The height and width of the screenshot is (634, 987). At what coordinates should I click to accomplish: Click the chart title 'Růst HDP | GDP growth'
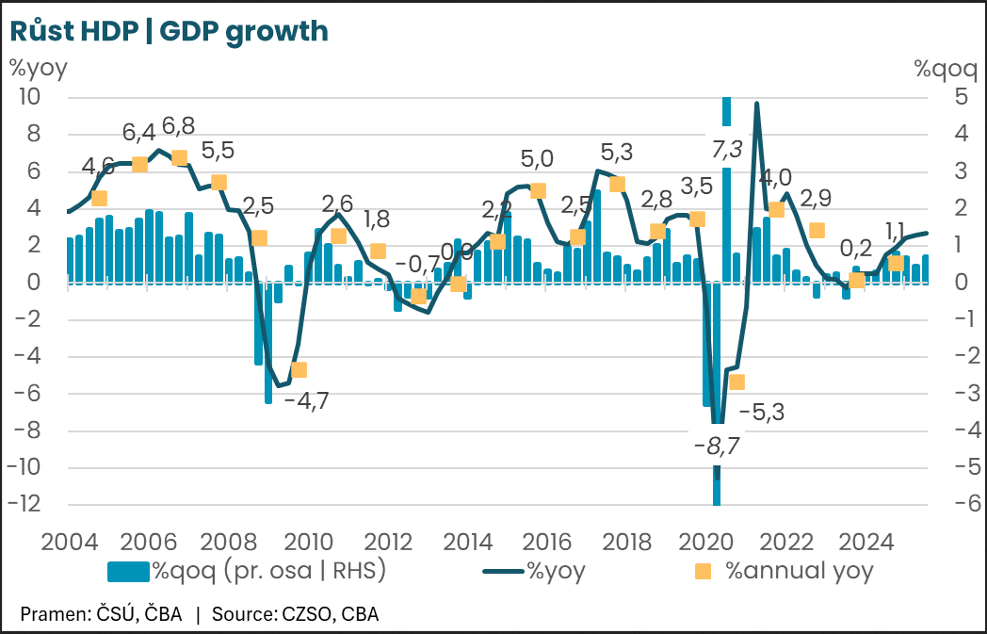tap(169, 31)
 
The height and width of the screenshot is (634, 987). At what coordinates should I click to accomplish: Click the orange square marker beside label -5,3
tap(736, 382)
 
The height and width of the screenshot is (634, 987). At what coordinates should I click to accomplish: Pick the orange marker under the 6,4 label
tap(139, 165)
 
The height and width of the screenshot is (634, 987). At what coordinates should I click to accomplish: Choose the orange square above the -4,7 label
tap(299, 370)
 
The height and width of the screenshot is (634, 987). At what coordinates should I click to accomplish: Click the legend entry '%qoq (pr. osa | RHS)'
tap(248, 570)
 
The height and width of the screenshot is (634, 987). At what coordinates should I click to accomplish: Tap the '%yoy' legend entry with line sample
tap(534, 570)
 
